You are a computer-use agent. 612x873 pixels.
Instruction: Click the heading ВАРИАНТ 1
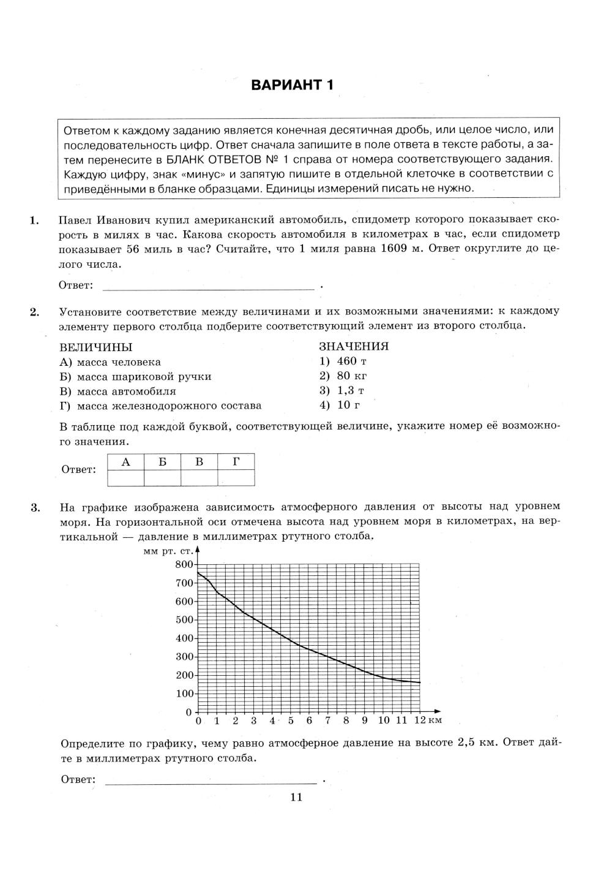click(x=293, y=85)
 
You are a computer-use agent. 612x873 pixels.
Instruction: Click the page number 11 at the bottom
click(x=297, y=797)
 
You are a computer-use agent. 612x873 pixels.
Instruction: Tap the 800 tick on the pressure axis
click(x=184, y=564)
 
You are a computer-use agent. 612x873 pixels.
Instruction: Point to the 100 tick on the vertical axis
click(x=184, y=693)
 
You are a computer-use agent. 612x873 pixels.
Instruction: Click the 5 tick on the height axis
click(x=291, y=720)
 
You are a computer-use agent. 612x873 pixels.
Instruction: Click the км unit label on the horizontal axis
click(x=435, y=720)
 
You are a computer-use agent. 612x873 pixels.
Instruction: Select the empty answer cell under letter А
click(x=125, y=478)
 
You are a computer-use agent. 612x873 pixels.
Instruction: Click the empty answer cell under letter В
click(x=200, y=478)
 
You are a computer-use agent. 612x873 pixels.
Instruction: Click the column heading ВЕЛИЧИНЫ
click(x=96, y=347)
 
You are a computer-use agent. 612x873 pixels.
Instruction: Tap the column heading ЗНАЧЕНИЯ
click(x=354, y=346)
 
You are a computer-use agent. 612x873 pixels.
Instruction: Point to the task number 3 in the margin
click(x=35, y=507)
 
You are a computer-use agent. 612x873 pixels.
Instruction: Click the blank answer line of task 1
click(x=208, y=286)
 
